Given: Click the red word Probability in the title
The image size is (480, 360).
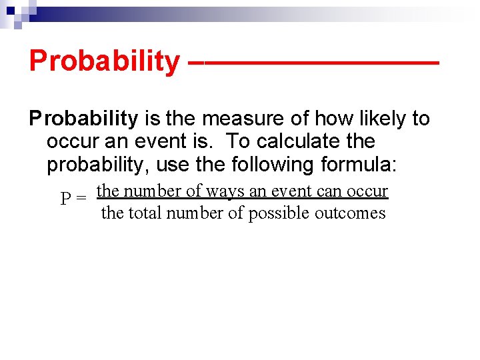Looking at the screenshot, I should click(103, 61).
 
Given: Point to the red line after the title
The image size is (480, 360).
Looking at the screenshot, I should click(313, 63).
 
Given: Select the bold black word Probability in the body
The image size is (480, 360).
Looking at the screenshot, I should click(83, 119).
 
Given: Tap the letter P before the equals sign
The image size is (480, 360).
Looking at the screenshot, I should click(66, 199).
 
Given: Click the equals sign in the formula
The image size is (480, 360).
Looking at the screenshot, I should click(81, 199).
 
